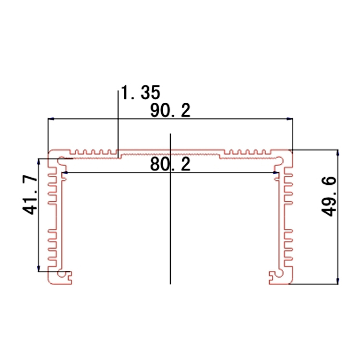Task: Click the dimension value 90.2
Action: point(170,111)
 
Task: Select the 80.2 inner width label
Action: point(170,165)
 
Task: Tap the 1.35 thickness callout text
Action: point(140,92)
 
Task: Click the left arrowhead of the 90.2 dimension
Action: point(50,118)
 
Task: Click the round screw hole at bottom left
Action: point(62,275)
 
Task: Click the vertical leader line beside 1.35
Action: point(118,120)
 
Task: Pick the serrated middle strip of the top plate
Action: point(170,155)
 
